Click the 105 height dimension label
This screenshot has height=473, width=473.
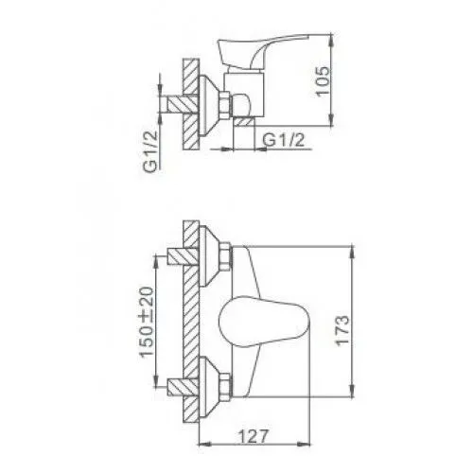pos(323,80)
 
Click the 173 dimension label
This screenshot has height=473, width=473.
pos(342,331)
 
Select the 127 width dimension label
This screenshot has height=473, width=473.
pos(254,435)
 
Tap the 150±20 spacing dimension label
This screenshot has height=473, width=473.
pos(148,322)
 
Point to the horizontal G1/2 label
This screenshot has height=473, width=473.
pos(284,140)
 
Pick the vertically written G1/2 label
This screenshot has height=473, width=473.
pos(150,151)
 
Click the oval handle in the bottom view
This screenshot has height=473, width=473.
pos(264,323)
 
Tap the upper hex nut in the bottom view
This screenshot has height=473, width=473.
pos(226,256)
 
